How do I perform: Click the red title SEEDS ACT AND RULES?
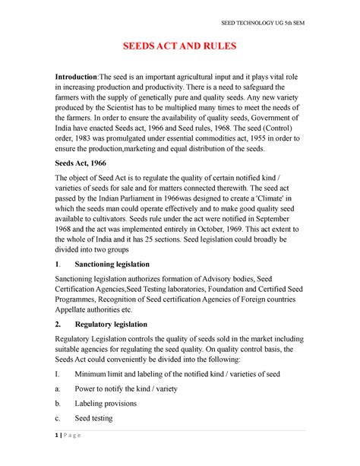(180, 47)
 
